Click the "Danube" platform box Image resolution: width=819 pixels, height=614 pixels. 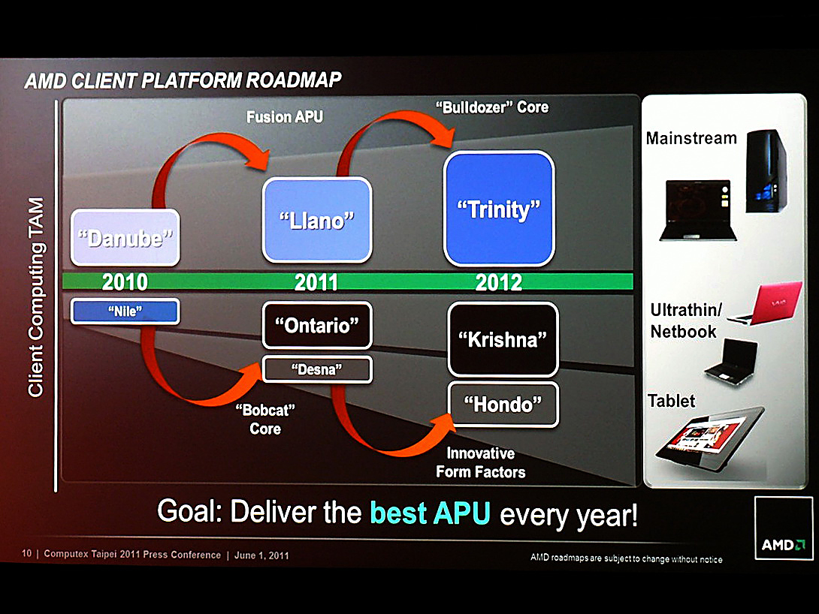125,237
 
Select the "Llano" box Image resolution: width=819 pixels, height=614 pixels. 317,220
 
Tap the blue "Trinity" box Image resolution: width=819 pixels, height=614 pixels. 499,208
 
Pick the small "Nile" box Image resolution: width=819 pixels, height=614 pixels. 125,312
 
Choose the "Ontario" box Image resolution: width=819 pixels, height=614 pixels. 317,326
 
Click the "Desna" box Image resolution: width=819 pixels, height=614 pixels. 317,369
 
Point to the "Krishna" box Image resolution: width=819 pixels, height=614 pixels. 503,339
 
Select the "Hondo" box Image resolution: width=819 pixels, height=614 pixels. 503,405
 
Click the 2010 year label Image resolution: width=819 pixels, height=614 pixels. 125,282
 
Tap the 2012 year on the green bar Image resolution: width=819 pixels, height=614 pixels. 499,283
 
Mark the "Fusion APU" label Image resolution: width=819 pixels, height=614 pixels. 285,117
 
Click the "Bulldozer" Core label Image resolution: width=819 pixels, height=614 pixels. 492,107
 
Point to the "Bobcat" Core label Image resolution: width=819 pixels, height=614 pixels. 265,420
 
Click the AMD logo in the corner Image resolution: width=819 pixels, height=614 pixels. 784,528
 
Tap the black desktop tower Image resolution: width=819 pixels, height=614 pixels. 766,171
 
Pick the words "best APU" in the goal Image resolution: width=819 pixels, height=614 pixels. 430,512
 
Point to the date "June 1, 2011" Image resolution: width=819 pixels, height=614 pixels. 261,555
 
